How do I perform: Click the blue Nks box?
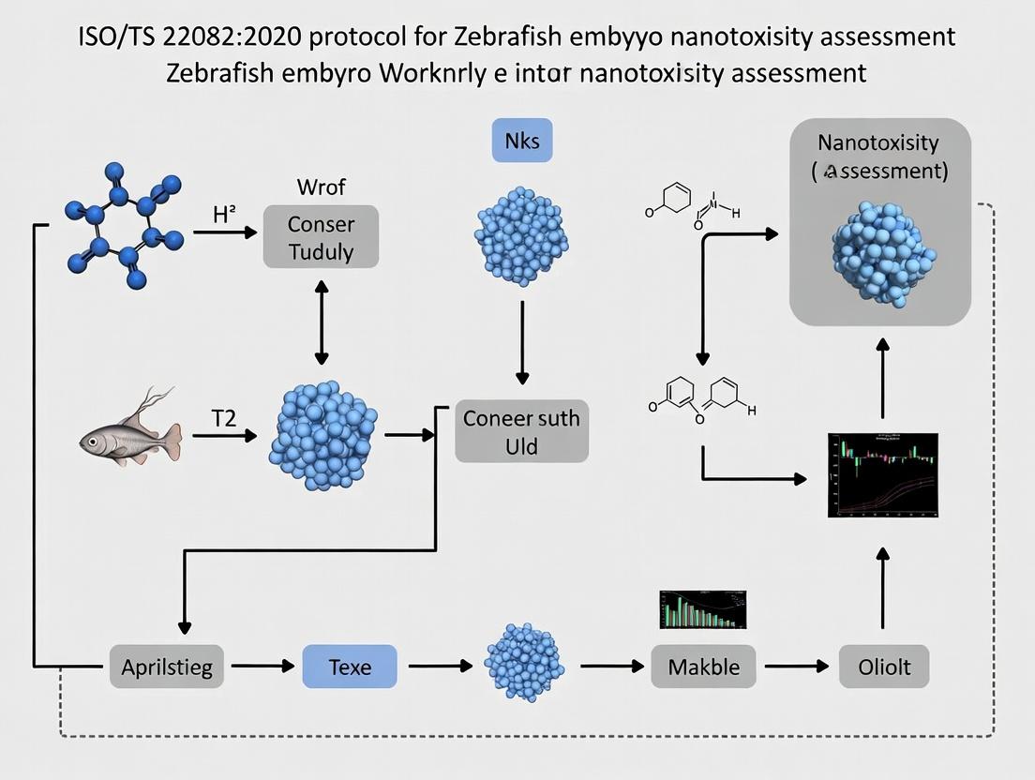click(522, 142)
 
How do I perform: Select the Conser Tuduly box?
click(322, 237)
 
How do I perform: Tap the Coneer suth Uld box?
click(521, 431)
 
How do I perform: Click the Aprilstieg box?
click(167, 667)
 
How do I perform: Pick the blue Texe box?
click(350, 667)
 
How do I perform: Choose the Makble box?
click(703, 667)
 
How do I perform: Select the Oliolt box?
click(883, 667)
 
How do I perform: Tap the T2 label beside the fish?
click(223, 419)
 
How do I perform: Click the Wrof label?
click(322, 186)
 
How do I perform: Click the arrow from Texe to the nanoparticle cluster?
click(440, 667)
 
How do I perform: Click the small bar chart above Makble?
click(703, 609)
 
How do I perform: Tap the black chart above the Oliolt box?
click(882, 475)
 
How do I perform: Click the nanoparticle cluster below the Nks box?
click(521, 234)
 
